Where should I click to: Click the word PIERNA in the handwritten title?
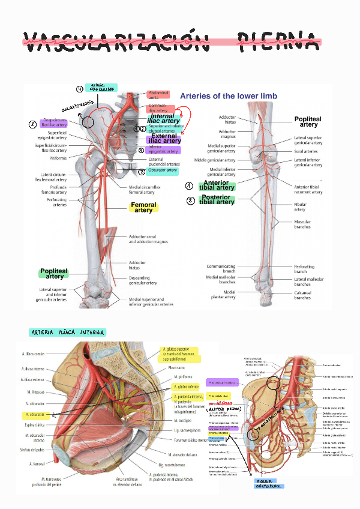click(277, 41)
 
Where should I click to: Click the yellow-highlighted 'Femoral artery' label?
click(143, 208)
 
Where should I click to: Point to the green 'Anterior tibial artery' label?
click(217, 185)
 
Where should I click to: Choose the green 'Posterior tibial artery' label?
click(217, 200)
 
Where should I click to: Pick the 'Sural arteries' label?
click(307, 152)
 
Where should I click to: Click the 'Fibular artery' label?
click(300, 207)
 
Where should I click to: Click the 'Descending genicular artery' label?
click(143, 280)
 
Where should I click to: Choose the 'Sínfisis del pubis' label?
click(35, 450)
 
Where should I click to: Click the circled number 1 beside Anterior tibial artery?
click(190, 186)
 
